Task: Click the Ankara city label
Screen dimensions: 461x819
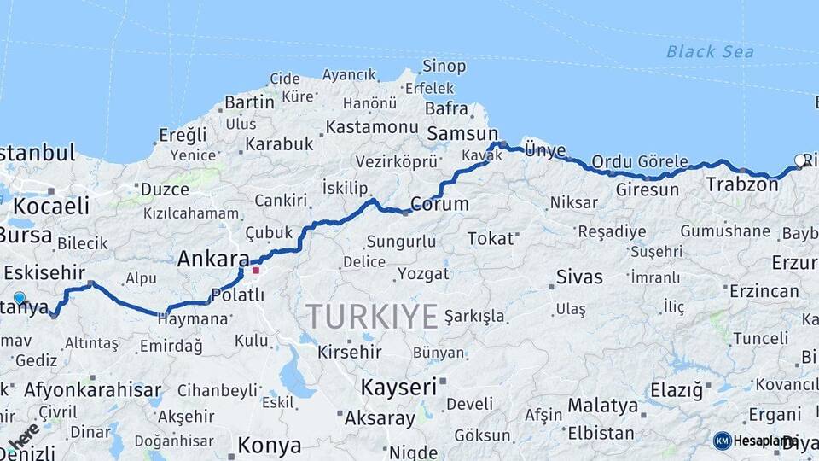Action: pyautogui.click(x=213, y=259)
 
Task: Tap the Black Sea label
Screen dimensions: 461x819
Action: pyautogui.click(x=710, y=52)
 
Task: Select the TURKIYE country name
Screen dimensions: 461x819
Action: pyautogui.click(x=373, y=316)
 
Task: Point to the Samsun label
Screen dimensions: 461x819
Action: pyautogui.click(x=462, y=133)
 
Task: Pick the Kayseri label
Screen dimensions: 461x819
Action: pyautogui.click(x=399, y=387)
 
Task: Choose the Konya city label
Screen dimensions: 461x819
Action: pyautogui.click(x=269, y=445)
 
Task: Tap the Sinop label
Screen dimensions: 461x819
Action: pyautogui.click(x=444, y=66)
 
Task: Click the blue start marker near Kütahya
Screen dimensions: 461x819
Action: pyautogui.click(x=20, y=298)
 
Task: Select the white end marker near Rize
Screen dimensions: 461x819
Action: pyautogui.click(x=799, y=160)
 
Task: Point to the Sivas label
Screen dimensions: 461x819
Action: pyautogui.click(x=579, y=277)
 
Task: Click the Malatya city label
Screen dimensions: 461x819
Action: pyautogui.click(x=602, y=404)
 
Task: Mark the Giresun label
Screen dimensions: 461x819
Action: pyautogui.click(x=647, y=190)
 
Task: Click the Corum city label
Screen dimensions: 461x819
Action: pyautogui.click(x=439, y=204)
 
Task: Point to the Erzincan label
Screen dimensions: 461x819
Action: pyautogui.click(x=764, y=291)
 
